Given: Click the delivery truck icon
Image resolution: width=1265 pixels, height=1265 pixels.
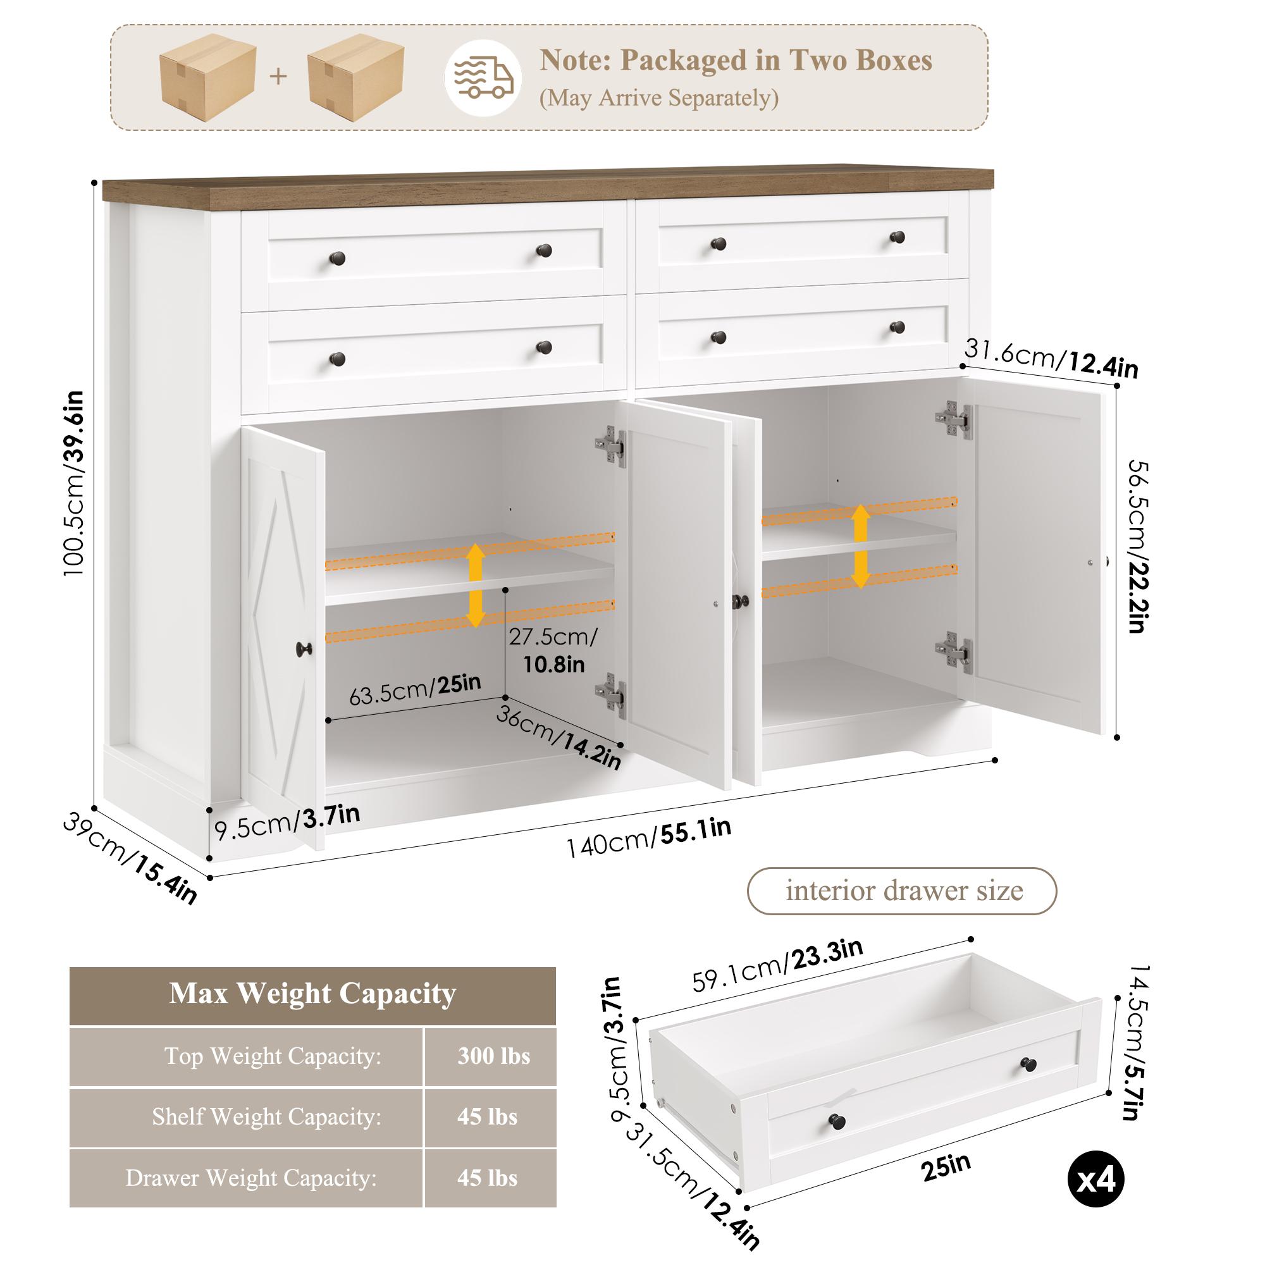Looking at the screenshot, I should [483, 78].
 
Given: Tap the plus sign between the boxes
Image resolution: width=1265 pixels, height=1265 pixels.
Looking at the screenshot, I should [278, 77].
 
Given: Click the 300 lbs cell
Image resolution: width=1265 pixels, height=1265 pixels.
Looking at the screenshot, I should [493, 1056].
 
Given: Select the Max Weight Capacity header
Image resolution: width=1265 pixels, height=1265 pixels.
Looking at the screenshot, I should [312, 993].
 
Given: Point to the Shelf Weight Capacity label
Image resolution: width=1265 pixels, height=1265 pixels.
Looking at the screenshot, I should [266, 1116].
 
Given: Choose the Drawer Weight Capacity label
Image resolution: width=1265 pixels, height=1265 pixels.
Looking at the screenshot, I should [252, 1178].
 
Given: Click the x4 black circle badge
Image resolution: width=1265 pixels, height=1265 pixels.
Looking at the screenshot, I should [1095, 1180].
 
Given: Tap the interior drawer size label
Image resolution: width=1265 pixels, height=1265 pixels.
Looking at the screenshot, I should [904, 891].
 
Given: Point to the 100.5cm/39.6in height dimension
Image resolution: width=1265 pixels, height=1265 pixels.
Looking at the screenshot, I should [74, 483].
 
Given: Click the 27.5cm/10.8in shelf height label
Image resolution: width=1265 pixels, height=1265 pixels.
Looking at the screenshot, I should [553, 650].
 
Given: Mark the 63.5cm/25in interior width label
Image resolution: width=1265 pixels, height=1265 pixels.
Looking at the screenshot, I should [415, 689].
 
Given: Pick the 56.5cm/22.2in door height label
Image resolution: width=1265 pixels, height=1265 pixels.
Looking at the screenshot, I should [1138, 546].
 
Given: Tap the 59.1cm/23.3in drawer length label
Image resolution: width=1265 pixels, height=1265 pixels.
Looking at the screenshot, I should [777, 965].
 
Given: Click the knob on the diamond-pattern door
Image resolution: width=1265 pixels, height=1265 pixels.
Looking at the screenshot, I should [304, 650].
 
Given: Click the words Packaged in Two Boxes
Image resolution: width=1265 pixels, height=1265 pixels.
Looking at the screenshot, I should [776, 60].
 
